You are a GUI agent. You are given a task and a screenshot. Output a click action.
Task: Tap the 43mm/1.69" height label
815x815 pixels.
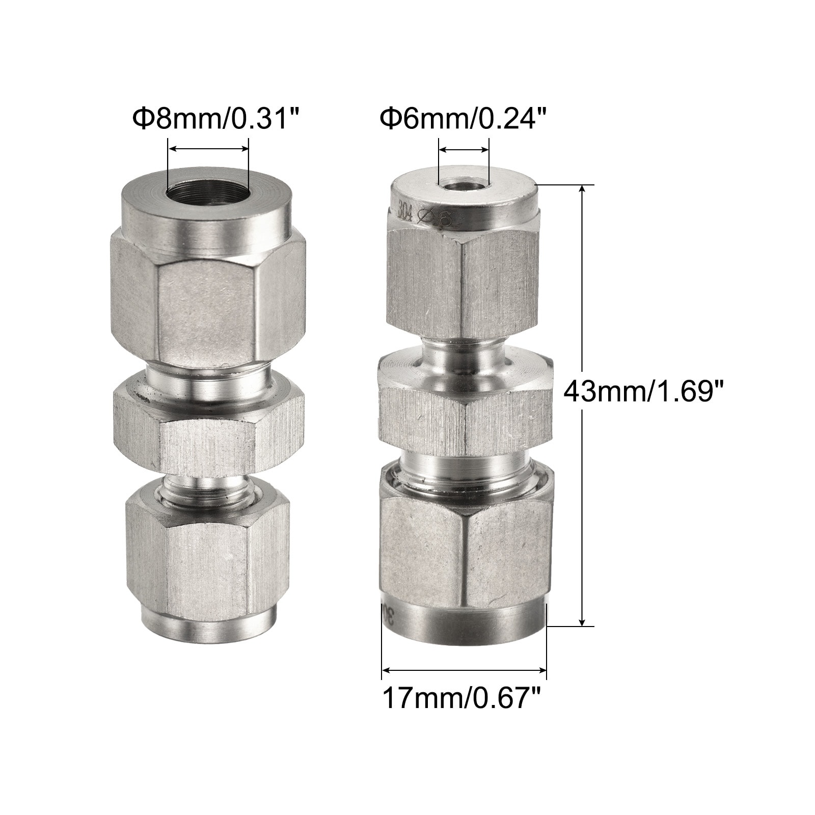tap(643, 392)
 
